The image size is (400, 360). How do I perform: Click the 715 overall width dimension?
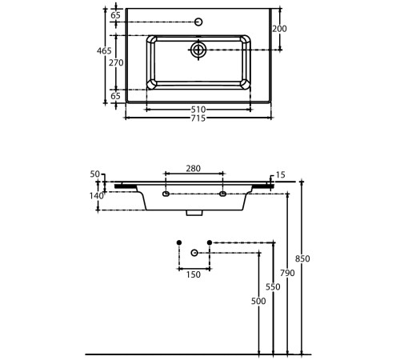tap(198, 118)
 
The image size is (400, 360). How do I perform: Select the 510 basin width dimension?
tap(198, 110)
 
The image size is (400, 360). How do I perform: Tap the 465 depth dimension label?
tap(104, 50)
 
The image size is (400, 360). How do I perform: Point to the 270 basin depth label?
tap(116, 62)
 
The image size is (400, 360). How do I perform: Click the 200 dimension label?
tap(279, 29)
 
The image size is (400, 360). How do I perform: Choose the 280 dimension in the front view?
tap(194, 169)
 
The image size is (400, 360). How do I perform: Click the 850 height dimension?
tap(302, 258)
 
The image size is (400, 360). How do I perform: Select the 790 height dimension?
tap(287, 273)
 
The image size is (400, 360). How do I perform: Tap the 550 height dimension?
tap(273, 287)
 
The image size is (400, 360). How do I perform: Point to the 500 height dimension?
tap(258, 301)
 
